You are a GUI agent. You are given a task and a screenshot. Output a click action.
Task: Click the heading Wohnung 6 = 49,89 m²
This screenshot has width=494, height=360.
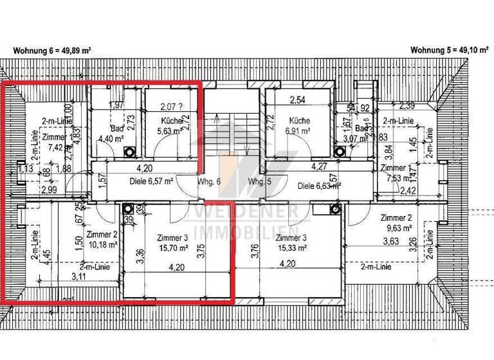tap(52, 50)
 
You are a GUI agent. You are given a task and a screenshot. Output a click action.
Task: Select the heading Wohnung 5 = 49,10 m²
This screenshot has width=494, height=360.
tap(448, 50)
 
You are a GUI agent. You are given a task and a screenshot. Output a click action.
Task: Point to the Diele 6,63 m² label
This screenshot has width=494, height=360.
tap(319, 186)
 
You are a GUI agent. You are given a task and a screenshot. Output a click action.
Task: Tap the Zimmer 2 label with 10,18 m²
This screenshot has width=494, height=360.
tap(101, 239)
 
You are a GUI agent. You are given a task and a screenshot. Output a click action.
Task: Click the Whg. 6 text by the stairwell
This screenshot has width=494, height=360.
tap(209, 182)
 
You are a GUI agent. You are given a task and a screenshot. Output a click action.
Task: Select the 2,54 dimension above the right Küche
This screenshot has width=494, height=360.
tap(297, 100)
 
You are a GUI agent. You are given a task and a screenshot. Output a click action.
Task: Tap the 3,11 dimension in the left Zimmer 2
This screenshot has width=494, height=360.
tap(80, 277)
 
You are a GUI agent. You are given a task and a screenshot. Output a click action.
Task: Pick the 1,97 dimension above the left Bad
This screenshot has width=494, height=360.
tap(116, 105)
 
